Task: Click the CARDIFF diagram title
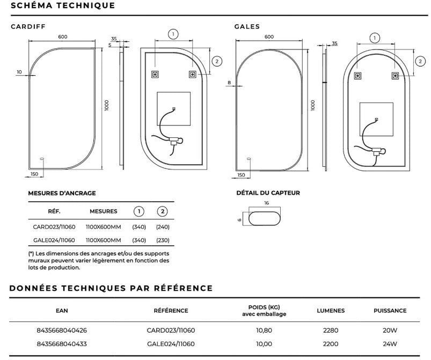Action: click(28, 27)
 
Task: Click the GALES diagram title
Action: click(247, 27)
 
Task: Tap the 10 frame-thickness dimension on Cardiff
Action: click(19, 72)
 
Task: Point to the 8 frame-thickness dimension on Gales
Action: click(229, 83)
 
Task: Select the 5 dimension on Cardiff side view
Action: click(110, 45)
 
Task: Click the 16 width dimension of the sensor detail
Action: click(266, 203)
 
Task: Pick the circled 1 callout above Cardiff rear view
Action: click(173, 34)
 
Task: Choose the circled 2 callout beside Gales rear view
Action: click(420, 61)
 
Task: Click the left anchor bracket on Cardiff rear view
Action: click(155, 74)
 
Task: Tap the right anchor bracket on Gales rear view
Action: click(395, 76)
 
